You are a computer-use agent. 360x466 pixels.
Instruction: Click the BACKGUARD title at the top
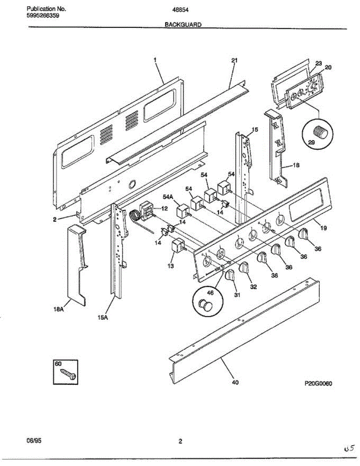(183, 24)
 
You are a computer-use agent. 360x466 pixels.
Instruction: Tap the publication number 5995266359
(43, 16)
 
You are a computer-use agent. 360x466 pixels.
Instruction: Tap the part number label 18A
(59, 310)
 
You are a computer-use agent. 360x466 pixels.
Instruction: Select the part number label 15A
(103, 318)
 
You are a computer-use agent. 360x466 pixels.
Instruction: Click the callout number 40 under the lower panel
(235, 383)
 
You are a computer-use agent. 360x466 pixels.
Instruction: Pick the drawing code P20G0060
(318, 383)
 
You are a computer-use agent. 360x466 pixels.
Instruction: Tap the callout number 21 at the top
(234, 60)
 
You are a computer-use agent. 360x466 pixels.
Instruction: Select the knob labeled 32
(244, 268)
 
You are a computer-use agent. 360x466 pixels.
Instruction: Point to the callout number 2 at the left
(55, 219)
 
